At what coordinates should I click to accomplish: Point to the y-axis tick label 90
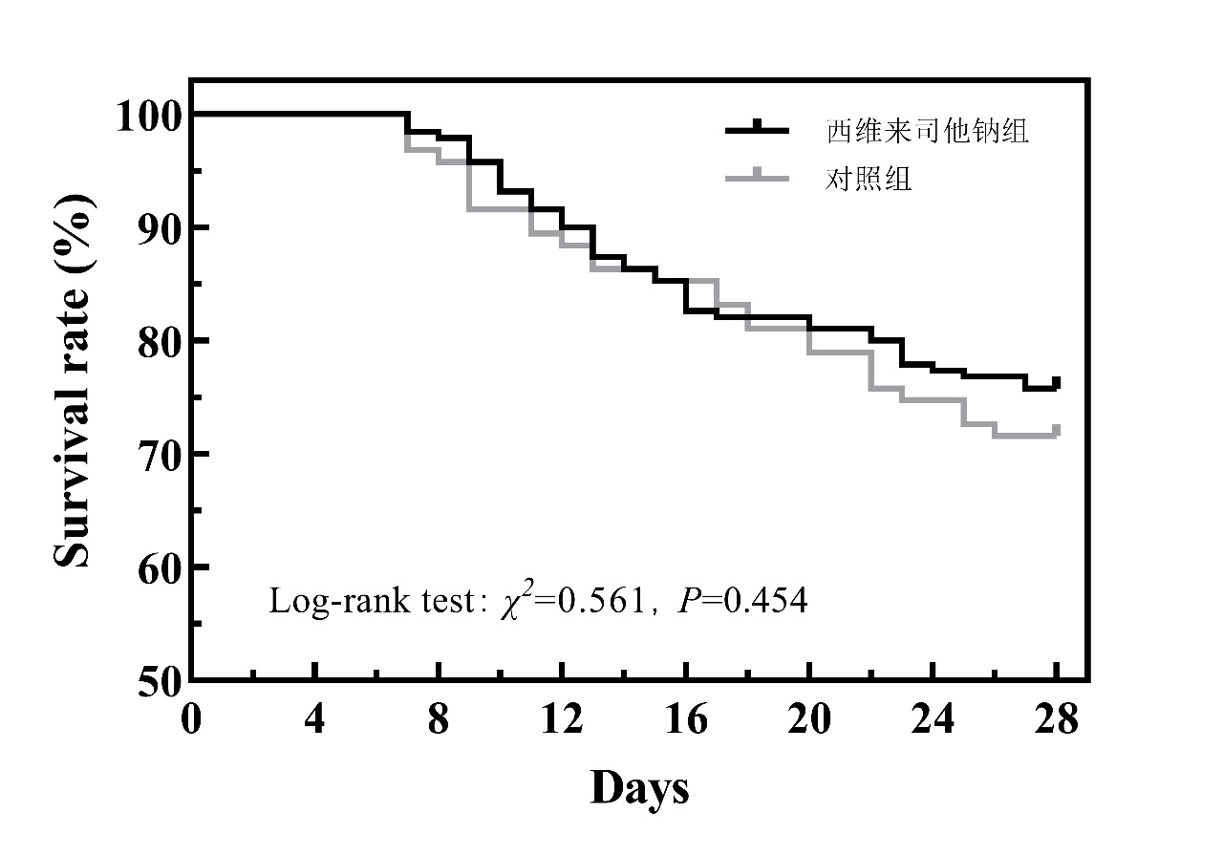159,228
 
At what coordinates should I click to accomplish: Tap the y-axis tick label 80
159,341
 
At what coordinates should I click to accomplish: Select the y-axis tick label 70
159,454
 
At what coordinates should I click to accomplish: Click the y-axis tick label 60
159,567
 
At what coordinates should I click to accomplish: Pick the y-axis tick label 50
159,679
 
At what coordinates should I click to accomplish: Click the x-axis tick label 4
315,718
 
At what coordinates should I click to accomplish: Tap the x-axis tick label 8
439,718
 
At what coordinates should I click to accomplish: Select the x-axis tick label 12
562,718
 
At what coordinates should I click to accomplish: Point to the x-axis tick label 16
685,718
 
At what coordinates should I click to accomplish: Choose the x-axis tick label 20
809,718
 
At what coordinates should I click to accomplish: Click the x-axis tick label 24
933,718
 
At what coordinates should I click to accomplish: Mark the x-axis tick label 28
1056,718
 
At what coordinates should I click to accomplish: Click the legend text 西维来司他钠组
927,131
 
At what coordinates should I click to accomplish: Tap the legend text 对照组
869,179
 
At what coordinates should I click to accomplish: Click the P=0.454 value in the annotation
741,601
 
